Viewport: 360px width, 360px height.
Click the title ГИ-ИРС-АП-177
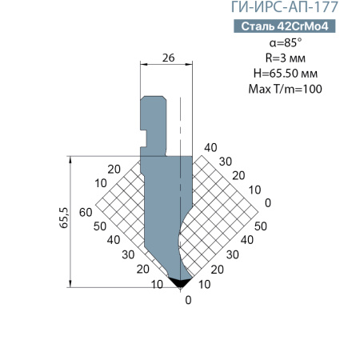coord(284,7)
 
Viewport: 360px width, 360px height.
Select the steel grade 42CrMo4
coord(302,26)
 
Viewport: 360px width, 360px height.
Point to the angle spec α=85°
coord(286,42)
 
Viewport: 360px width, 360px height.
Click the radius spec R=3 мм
coord(286,58)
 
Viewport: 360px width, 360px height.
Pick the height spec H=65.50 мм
coord(286,74)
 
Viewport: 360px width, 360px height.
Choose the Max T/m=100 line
coord(286,89)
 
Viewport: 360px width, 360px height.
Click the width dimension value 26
coord(169,58)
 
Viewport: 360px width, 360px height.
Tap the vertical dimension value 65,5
coord(64,218)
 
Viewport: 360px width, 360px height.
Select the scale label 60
coord(86,212)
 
